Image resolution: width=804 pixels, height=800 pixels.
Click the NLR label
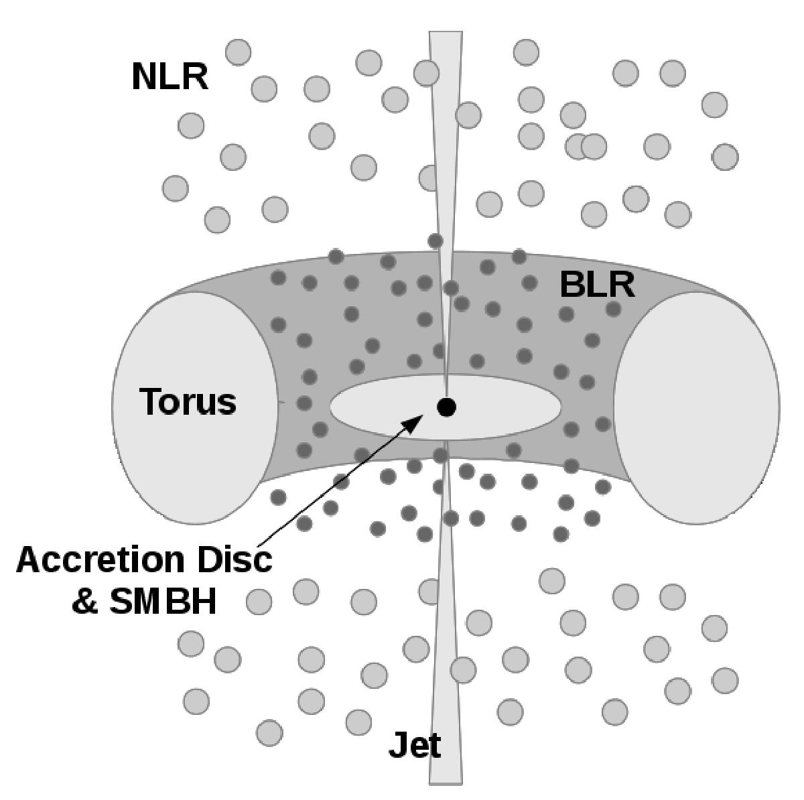170,76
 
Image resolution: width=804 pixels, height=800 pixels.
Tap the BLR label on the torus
596,284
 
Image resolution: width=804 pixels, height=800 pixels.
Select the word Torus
188,402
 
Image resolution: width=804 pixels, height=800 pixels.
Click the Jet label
415,745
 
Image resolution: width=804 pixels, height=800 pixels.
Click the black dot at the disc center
446,407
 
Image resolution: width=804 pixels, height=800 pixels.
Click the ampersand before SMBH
85,602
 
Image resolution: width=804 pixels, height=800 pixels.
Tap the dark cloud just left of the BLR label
530,282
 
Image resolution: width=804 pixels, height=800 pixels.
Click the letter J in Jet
396,745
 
